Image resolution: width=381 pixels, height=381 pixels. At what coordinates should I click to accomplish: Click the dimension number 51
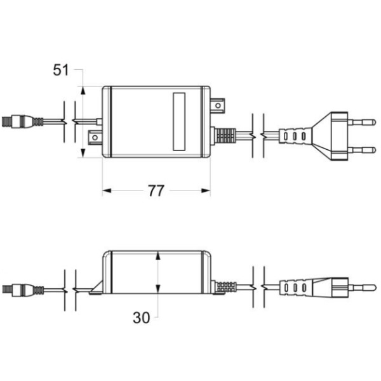tap(61, 70)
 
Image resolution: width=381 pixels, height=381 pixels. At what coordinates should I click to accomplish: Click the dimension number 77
tap(156, 190)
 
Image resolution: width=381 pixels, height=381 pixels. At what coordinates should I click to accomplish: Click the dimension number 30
tap(141, 317)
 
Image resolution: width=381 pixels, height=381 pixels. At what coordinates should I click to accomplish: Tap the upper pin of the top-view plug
tap(362, 122)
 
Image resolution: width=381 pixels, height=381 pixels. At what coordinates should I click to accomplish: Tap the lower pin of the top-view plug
tap(362, 150)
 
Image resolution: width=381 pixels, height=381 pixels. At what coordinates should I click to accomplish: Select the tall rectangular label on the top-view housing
tap(179, 121)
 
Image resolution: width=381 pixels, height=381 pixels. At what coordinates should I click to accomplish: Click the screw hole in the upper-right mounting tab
tap(218, 105)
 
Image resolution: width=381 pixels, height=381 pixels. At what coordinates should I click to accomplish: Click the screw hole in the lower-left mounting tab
tap(95, 138)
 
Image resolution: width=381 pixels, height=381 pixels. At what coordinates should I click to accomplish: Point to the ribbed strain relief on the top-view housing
tap(225, 136)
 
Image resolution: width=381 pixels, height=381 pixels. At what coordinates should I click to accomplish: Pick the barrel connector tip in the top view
tap(7, 121)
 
